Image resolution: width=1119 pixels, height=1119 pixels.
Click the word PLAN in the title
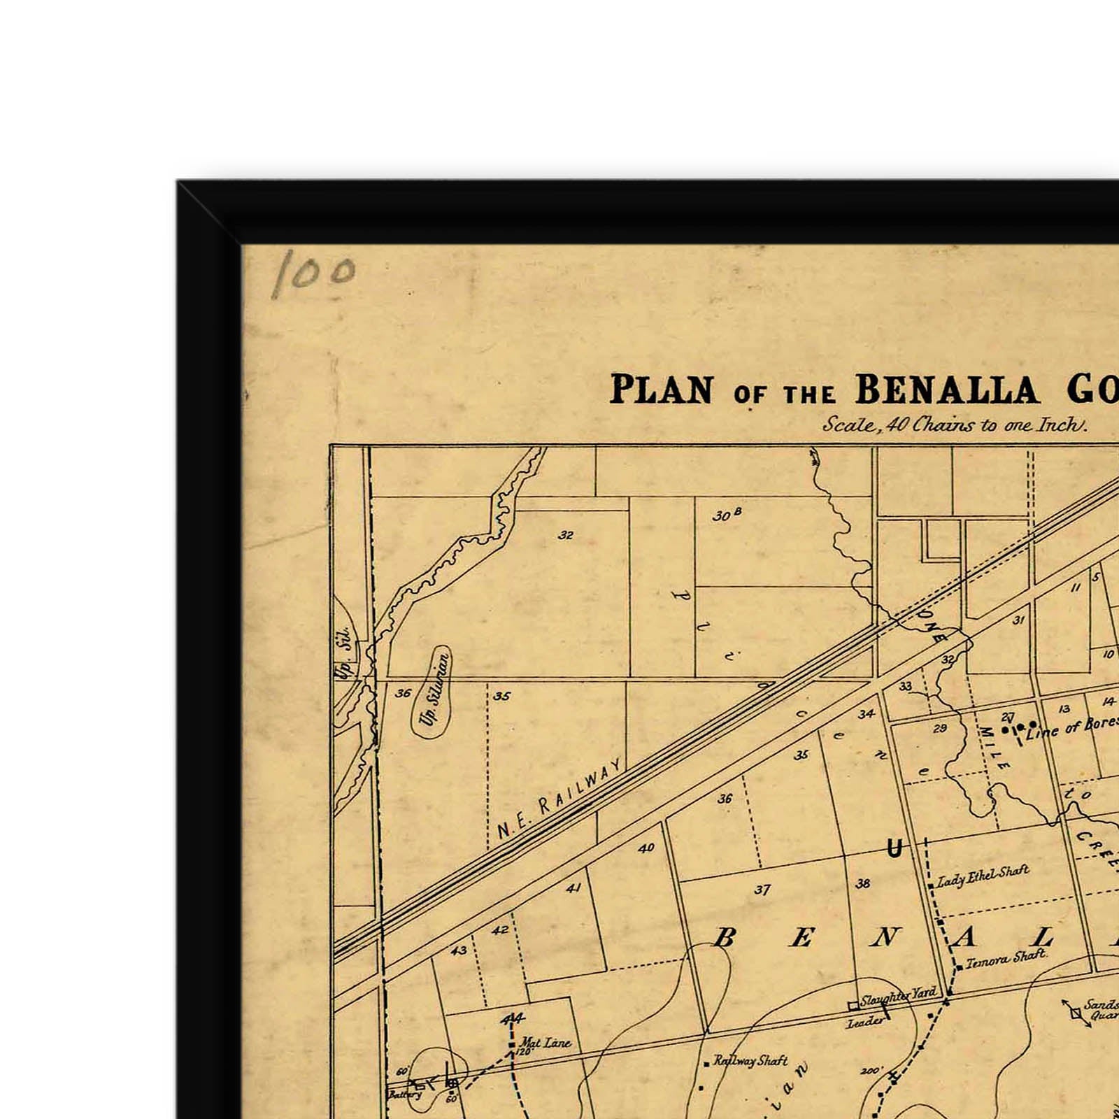(x=662, y=390)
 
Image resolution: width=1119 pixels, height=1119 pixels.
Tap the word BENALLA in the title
(x=947, y=390)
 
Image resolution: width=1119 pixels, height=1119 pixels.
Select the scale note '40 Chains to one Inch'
(x=954, y=425)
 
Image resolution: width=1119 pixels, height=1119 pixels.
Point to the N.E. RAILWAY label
(x=559, y=799)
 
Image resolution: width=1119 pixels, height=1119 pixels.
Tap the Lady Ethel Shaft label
(x=983, y=876)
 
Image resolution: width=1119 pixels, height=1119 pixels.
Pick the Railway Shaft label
(x=750, y=1061)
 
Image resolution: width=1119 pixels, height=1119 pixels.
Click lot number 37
(x=762, y=890)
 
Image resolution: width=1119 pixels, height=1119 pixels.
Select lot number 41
(x=573, y=888)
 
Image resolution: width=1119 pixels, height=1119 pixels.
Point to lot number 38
(x=863, y=883)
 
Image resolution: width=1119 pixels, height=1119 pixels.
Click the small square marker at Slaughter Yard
(x=853, y=1006)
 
